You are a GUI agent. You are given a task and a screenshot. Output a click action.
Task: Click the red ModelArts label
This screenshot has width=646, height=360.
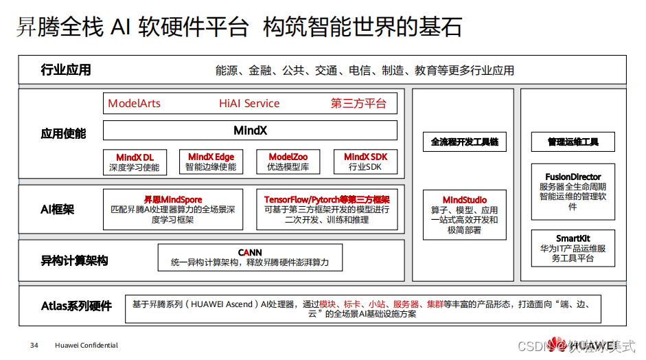tap(134, 104)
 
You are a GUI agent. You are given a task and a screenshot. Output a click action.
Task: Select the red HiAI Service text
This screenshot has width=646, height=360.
tap(249, 104)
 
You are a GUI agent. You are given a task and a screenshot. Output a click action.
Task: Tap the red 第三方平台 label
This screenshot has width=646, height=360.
tap(358, 104)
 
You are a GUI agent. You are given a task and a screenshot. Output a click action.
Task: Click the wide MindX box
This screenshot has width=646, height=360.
tap(250, 130)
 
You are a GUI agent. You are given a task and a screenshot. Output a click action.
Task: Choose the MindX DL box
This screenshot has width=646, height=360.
tap(135, 162)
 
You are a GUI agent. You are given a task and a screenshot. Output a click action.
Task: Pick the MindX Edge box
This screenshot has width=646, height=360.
tap(211, 162)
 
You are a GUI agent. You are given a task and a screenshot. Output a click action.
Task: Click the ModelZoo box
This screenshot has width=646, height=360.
tap(288, 162)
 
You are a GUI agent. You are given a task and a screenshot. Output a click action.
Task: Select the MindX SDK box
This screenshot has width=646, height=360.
tap(365, 162)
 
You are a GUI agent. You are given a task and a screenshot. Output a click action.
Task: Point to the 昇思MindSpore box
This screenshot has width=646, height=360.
tap(172, 209)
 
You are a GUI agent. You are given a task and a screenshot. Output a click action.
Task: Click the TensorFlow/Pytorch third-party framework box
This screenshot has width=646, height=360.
tap(327, 209)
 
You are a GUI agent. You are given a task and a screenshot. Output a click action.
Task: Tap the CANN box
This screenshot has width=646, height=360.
tap(250, 257)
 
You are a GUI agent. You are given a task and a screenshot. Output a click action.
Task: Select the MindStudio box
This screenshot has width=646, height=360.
tap(464, 214)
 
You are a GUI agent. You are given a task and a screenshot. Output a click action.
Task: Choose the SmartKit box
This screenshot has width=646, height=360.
tap(573, 248)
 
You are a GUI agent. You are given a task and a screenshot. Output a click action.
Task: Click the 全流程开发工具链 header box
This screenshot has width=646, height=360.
tap(464, 142)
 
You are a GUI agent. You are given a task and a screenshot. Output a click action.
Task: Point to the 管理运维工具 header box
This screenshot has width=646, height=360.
tap(573, 142)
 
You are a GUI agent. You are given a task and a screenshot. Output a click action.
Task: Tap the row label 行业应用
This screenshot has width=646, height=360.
tap(66, 70)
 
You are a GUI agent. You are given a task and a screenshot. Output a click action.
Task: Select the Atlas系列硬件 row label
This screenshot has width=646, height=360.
tap(76, 306)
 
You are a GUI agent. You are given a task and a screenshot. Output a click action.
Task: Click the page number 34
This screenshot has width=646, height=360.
tap(34, 345)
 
